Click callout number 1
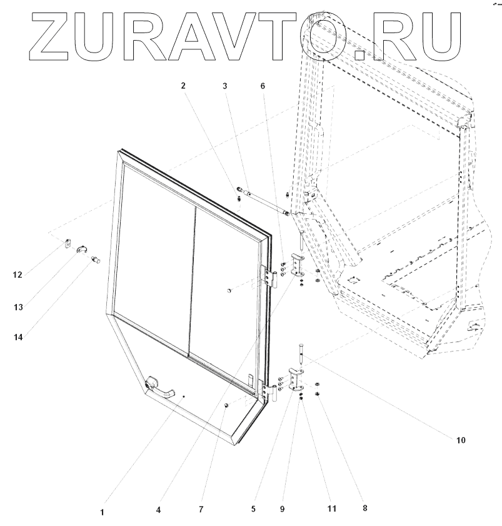[102, 512]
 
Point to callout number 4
[159, 509]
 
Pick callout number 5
[253, 509]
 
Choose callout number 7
[201, 509]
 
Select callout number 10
[460, 440]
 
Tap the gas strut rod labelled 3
[263, 203]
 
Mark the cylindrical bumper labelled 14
[96, 259]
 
